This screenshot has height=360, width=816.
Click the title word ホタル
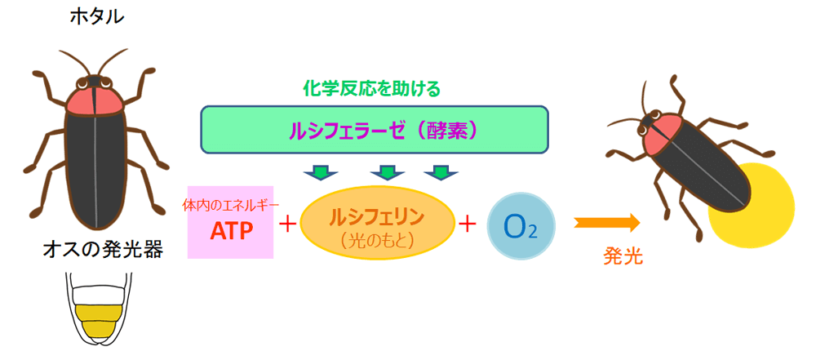(97, 17)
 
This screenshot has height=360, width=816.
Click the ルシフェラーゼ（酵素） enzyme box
(375, 130)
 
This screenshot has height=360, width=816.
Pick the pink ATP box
(231, 222)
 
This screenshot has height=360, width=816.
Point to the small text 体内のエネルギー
(231, 204)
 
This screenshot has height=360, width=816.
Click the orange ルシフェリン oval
(377, 223)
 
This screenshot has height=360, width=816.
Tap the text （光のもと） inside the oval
(377, 240)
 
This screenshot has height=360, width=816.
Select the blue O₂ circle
(521, 227)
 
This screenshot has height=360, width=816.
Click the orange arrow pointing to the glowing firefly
(607, 223)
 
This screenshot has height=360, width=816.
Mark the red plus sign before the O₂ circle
(467, 224)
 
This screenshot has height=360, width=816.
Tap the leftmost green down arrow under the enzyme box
(321, 172)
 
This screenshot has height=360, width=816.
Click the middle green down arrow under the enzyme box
(385, 172)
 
